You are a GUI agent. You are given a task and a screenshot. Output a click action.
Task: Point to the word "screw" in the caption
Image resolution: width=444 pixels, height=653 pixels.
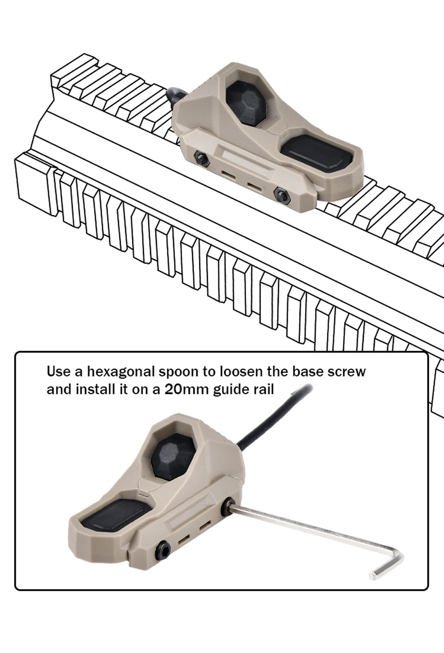[346, 371]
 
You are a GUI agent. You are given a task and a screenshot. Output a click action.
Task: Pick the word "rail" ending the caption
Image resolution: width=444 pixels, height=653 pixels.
[263, 389]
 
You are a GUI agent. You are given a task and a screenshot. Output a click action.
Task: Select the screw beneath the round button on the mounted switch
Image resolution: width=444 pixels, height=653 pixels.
[202, 158]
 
